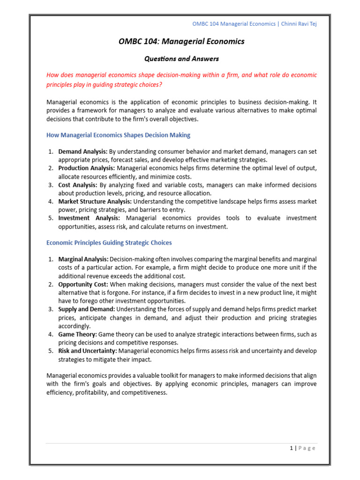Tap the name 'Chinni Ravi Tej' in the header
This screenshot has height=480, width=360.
[298, 24]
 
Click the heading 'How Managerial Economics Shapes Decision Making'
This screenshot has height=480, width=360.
[118, 135]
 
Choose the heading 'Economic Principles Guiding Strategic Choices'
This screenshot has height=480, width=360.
[109, 243]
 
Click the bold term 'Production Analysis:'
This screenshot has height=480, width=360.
[86, 168]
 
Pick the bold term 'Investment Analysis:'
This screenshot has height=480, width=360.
[89, 218]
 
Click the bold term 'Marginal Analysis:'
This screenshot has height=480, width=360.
[83, 259]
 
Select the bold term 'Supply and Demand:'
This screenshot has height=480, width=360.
[86, 309]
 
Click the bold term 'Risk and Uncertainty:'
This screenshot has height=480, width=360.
[88, 351]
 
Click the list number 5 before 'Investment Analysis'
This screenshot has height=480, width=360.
[50, 218]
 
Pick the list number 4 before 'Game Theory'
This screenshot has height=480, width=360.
[50, 335]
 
